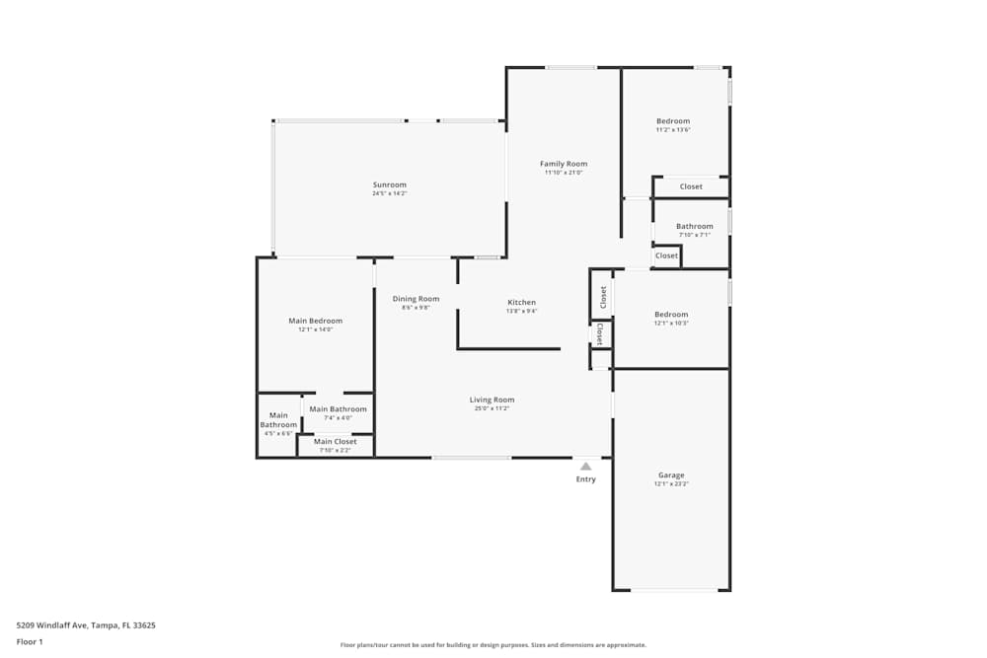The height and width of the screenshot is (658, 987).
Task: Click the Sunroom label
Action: (x=389, y=184)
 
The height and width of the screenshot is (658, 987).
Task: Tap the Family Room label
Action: (x=564, y=164)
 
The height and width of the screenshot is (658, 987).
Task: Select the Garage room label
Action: (x=670, y=475)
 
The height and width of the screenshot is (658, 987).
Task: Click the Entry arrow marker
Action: (x=585, y=466)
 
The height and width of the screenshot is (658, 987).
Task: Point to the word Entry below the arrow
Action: (x=585, y=479)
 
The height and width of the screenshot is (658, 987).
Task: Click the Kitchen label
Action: (x=521, y=302)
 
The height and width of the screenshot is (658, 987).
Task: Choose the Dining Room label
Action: (x=416, y=299)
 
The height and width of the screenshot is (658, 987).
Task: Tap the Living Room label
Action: (x=492, y=400)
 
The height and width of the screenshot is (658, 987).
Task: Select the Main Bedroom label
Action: (x=316, y=321)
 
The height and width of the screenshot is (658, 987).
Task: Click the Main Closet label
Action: (x=336, y=441)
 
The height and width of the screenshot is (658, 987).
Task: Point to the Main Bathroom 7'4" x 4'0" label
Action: (x=338, y=409)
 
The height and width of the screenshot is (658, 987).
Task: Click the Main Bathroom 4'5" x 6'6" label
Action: (x=278, y=420)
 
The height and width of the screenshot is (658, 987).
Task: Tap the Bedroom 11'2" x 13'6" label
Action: (x=673, y=121)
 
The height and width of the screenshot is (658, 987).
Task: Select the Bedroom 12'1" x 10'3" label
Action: (x=671, y=315)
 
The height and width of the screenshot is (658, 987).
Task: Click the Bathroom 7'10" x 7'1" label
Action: (x=695, y=226)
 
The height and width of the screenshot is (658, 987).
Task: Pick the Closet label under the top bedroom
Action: (x=691, y=186)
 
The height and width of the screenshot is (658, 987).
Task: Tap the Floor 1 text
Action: (x=30, y=641)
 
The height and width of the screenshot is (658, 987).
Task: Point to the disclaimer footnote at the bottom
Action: (x=493, y=645)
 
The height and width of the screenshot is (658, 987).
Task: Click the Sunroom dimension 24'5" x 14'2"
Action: (x=389, y=193)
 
